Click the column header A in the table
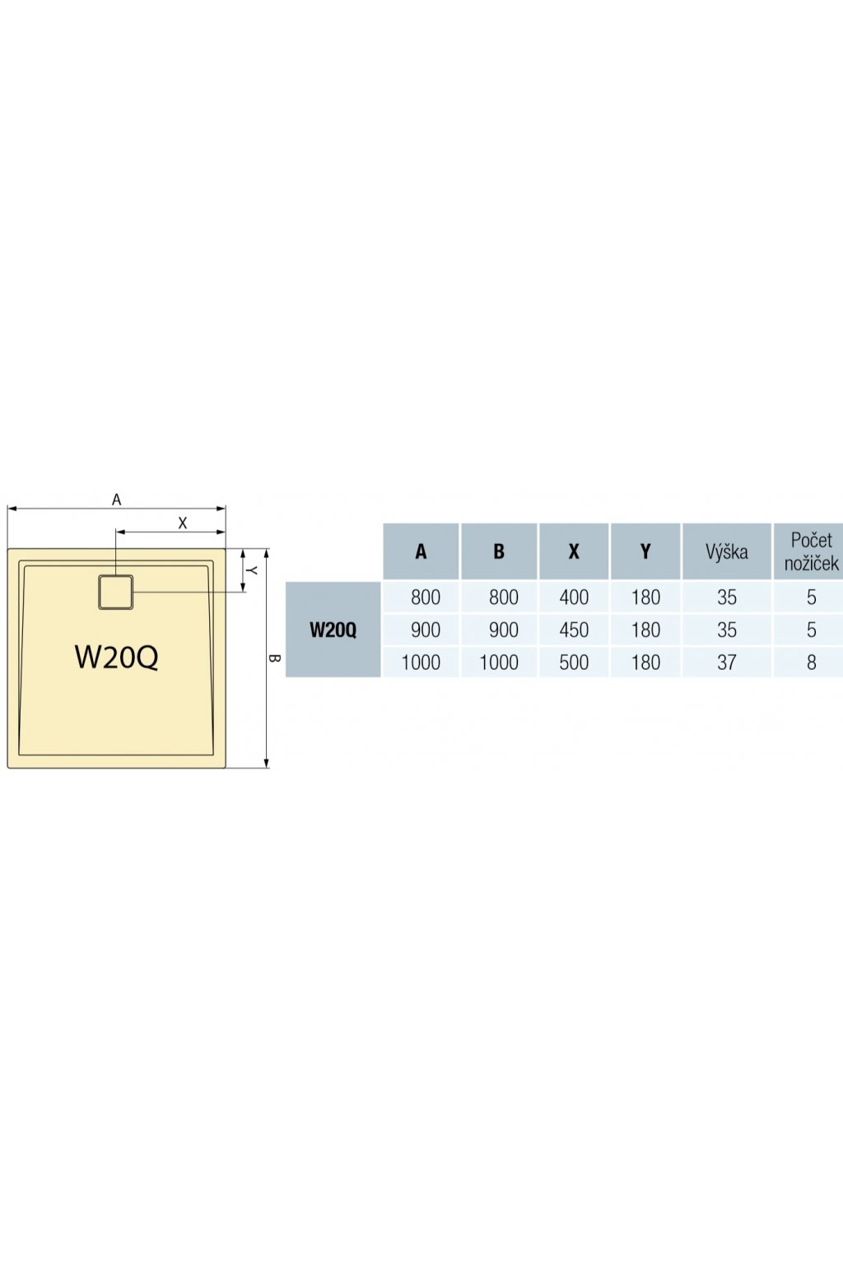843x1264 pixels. click(x=421, y=551)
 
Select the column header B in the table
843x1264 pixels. click(x=499, y=551)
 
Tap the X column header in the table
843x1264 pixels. click(x=574, y=551)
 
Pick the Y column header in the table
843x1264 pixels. click(x=645, y=551)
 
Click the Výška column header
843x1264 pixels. click(x=727, y=551)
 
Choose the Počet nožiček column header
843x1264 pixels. click(x=811, y=551)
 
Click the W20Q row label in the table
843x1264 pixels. click(x=333, y=630)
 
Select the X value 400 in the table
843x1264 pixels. click(x=574, y=597)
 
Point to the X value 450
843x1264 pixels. click(x=574, y=630)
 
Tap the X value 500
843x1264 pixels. click(x=574, y=662)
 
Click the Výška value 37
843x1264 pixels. click(x=727, y=662)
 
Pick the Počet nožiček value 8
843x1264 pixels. click(x=812, y=662)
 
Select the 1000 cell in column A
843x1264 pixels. click(x=421, y=662)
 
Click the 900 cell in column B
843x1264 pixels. click(x=504, y=630)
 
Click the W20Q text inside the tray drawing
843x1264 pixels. click(x=116, y=657)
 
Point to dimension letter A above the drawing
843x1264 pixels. click(x=116, y=500)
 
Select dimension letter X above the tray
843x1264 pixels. click(x=183, y=523)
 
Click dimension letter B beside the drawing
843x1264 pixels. click(x=274, y=658)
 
